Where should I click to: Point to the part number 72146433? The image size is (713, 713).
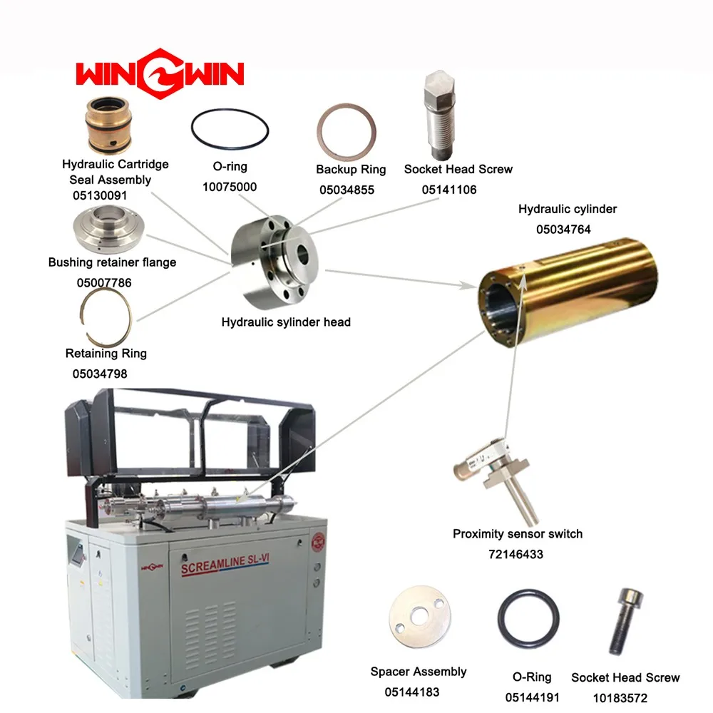[x=516, y=553]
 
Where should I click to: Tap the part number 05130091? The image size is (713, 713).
[x=101, y=194]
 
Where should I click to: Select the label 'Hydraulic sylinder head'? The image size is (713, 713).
[x=286, y=322]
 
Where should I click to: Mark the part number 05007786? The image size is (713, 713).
[x=104, y=282]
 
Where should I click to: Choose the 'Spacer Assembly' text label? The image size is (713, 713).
[x=419, y=672]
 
